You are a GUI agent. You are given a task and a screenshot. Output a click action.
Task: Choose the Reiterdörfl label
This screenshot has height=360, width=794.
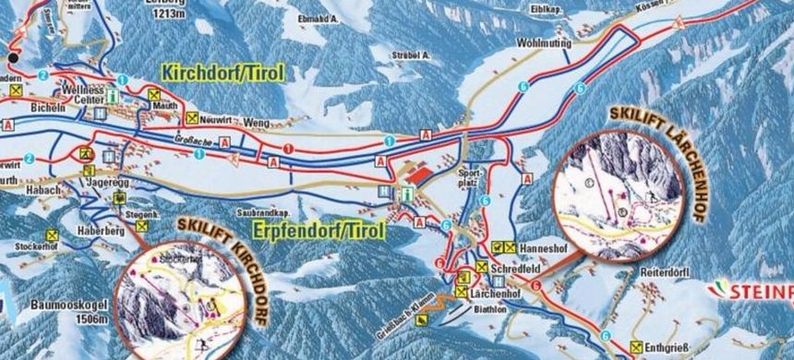pos(667,274)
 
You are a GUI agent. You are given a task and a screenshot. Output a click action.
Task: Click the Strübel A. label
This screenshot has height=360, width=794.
pos(414,55)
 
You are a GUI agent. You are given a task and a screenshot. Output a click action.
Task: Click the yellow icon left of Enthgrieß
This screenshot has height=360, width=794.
pos(635,348)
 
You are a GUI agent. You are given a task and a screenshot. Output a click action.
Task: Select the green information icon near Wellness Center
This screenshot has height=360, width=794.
pos(112,94)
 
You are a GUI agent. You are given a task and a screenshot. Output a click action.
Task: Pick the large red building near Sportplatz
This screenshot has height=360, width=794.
pos(420,174)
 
